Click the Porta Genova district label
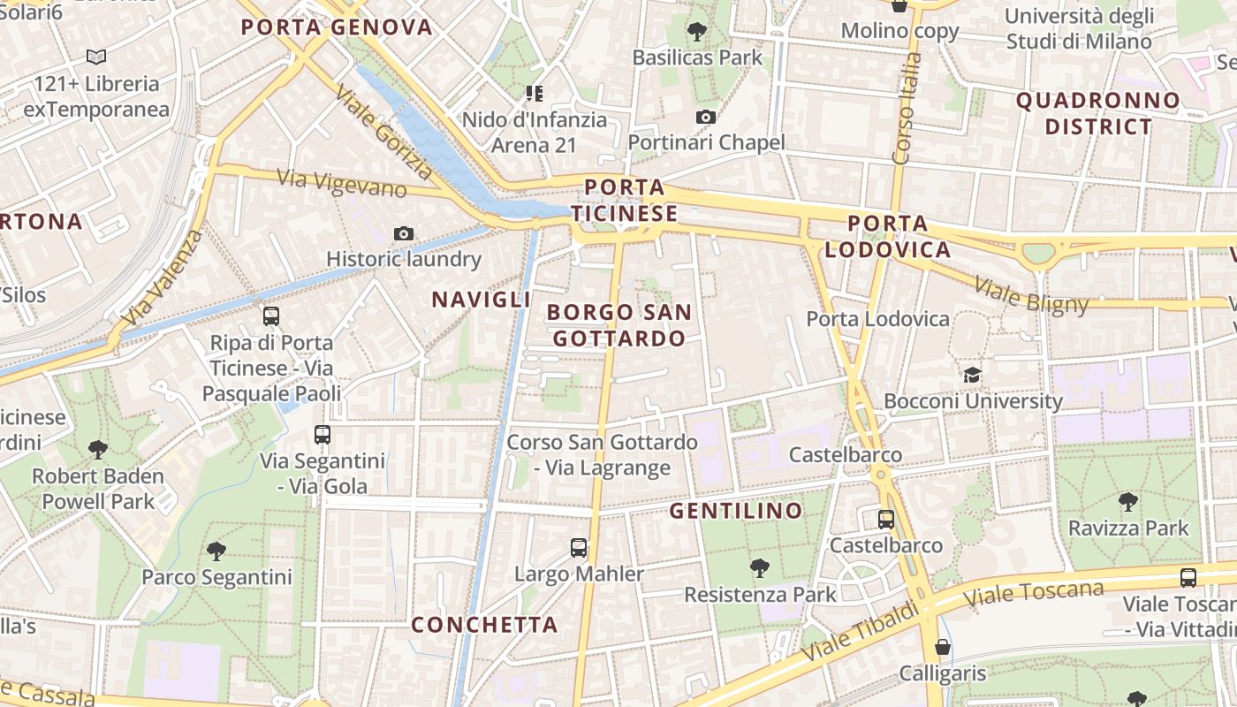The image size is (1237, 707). (x=337, y=27)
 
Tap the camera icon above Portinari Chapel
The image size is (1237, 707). (x=705, y=117)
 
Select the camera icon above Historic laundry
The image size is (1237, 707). (x=404, y=233)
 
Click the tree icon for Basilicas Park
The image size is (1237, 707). (x=697, y=32)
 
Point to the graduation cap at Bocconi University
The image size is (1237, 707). (x=973, y=375)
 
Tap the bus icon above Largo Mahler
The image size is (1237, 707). (x=579, y=548)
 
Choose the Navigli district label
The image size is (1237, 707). (x=481, y=300)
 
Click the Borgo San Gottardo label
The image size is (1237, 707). (x=618, y=324)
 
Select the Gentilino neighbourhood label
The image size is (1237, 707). (x=735, y=511)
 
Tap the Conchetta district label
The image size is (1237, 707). (x=484, y=625)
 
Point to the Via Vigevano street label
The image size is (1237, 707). (x=342, y=183)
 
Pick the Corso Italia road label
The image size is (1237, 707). (x=907, y=108)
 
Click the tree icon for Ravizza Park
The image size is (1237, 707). (x=1127, y=502)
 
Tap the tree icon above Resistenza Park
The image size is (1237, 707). (x=759, y=568)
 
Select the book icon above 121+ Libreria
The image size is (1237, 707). (x=96, y=57)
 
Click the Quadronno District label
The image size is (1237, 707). (x=1098, y=113)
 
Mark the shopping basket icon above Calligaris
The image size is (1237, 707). (x=943, y=647)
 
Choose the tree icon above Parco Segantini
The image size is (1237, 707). (x=216, y=551)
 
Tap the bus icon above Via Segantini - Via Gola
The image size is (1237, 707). (x=322, y=435)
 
